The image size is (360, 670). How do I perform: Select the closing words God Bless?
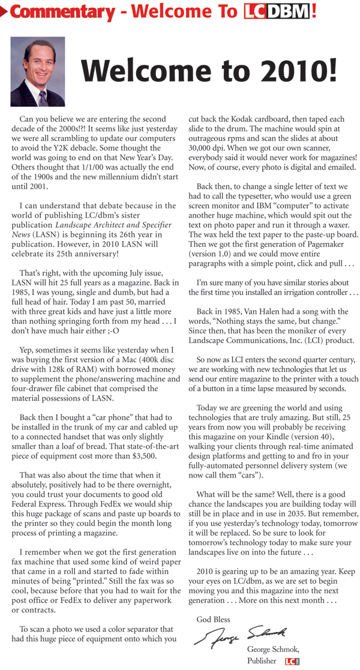point(213,619)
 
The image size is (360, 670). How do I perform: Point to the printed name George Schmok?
point(273,650)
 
